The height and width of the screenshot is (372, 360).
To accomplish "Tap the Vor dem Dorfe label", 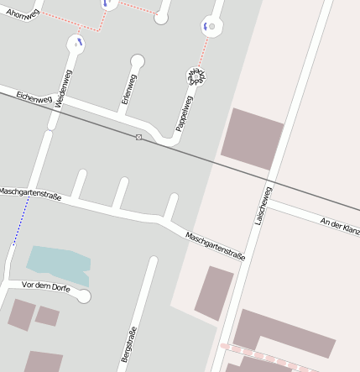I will (x=46, y=287).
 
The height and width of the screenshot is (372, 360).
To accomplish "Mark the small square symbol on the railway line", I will (x=138, y=136).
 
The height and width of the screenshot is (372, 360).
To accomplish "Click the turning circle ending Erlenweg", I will (x=138, y=60).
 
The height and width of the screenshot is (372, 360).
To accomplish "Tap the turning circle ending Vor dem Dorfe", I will (x=83, y=296).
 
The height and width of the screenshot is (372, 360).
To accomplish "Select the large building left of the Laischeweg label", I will (x=252, y=139).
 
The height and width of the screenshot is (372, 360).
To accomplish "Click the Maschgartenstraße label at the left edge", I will (x=30, y=195).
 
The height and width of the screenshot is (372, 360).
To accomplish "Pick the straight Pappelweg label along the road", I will (x=184, y=113).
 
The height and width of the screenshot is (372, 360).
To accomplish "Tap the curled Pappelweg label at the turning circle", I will (x=197, y=78).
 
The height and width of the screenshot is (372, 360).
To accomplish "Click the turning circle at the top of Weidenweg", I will (x=77, y=42).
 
